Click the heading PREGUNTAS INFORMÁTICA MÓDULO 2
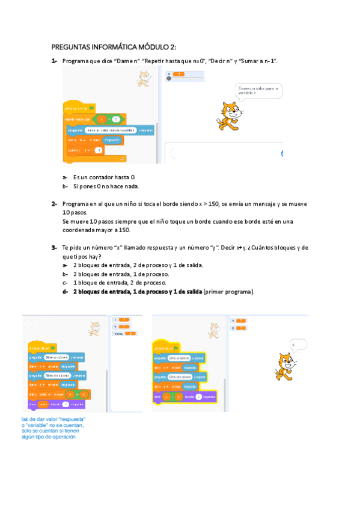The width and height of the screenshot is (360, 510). (x=114, y=48)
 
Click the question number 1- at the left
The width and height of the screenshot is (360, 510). (x=54, y=61)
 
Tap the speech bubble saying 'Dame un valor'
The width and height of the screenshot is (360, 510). (x=259, y=91)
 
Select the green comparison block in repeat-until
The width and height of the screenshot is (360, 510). (x=111, y=118)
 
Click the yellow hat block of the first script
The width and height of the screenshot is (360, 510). (x=79, y=108)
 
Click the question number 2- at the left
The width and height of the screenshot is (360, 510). (x=54, y=204)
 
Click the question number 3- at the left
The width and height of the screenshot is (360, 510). (x=54, y=248)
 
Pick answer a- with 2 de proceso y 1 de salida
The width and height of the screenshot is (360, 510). (x=138, y=265)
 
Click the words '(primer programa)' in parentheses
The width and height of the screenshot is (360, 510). (x=229, y=292)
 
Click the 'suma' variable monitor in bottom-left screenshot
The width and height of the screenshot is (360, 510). (x=126, y=333)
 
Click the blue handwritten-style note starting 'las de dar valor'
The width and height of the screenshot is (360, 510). (x=53, y=428)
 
